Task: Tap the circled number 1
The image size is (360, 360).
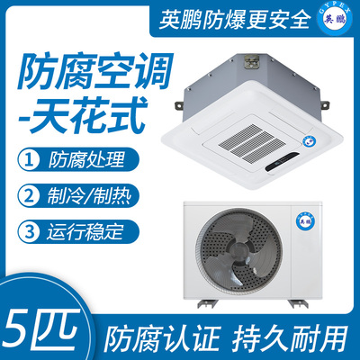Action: tap(29, 159)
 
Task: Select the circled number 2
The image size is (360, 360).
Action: tap(29, 195)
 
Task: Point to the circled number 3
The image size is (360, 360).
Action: tap(29, 232)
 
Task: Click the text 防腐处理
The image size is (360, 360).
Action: tap(86, 159)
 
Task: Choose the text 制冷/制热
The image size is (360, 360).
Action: tap(89, 196)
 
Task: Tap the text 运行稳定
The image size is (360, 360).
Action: tap(85, 232)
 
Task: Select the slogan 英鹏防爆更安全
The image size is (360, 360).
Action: tap(234, 20)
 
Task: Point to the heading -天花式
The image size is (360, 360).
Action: tap(83, 114)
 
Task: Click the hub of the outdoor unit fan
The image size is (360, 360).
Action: tap(239, 250)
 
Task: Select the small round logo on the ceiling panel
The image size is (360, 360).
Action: tap(308, 140)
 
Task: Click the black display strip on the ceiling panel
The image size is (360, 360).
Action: tap(282, 162)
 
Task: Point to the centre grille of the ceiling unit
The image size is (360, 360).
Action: tap(247, 141)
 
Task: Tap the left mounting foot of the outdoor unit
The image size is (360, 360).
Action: tap(205, 303)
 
